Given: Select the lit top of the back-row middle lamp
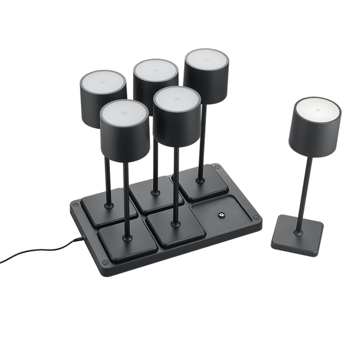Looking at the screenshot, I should pyautogui.click(x=156, y=70).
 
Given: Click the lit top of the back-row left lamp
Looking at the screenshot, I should pyautogui.click(x=103, y=80).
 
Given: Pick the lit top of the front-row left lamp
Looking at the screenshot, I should pyautogui.click(x=124, y=110).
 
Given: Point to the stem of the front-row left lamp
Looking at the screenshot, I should pyautogui.click(x=127, y=198).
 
